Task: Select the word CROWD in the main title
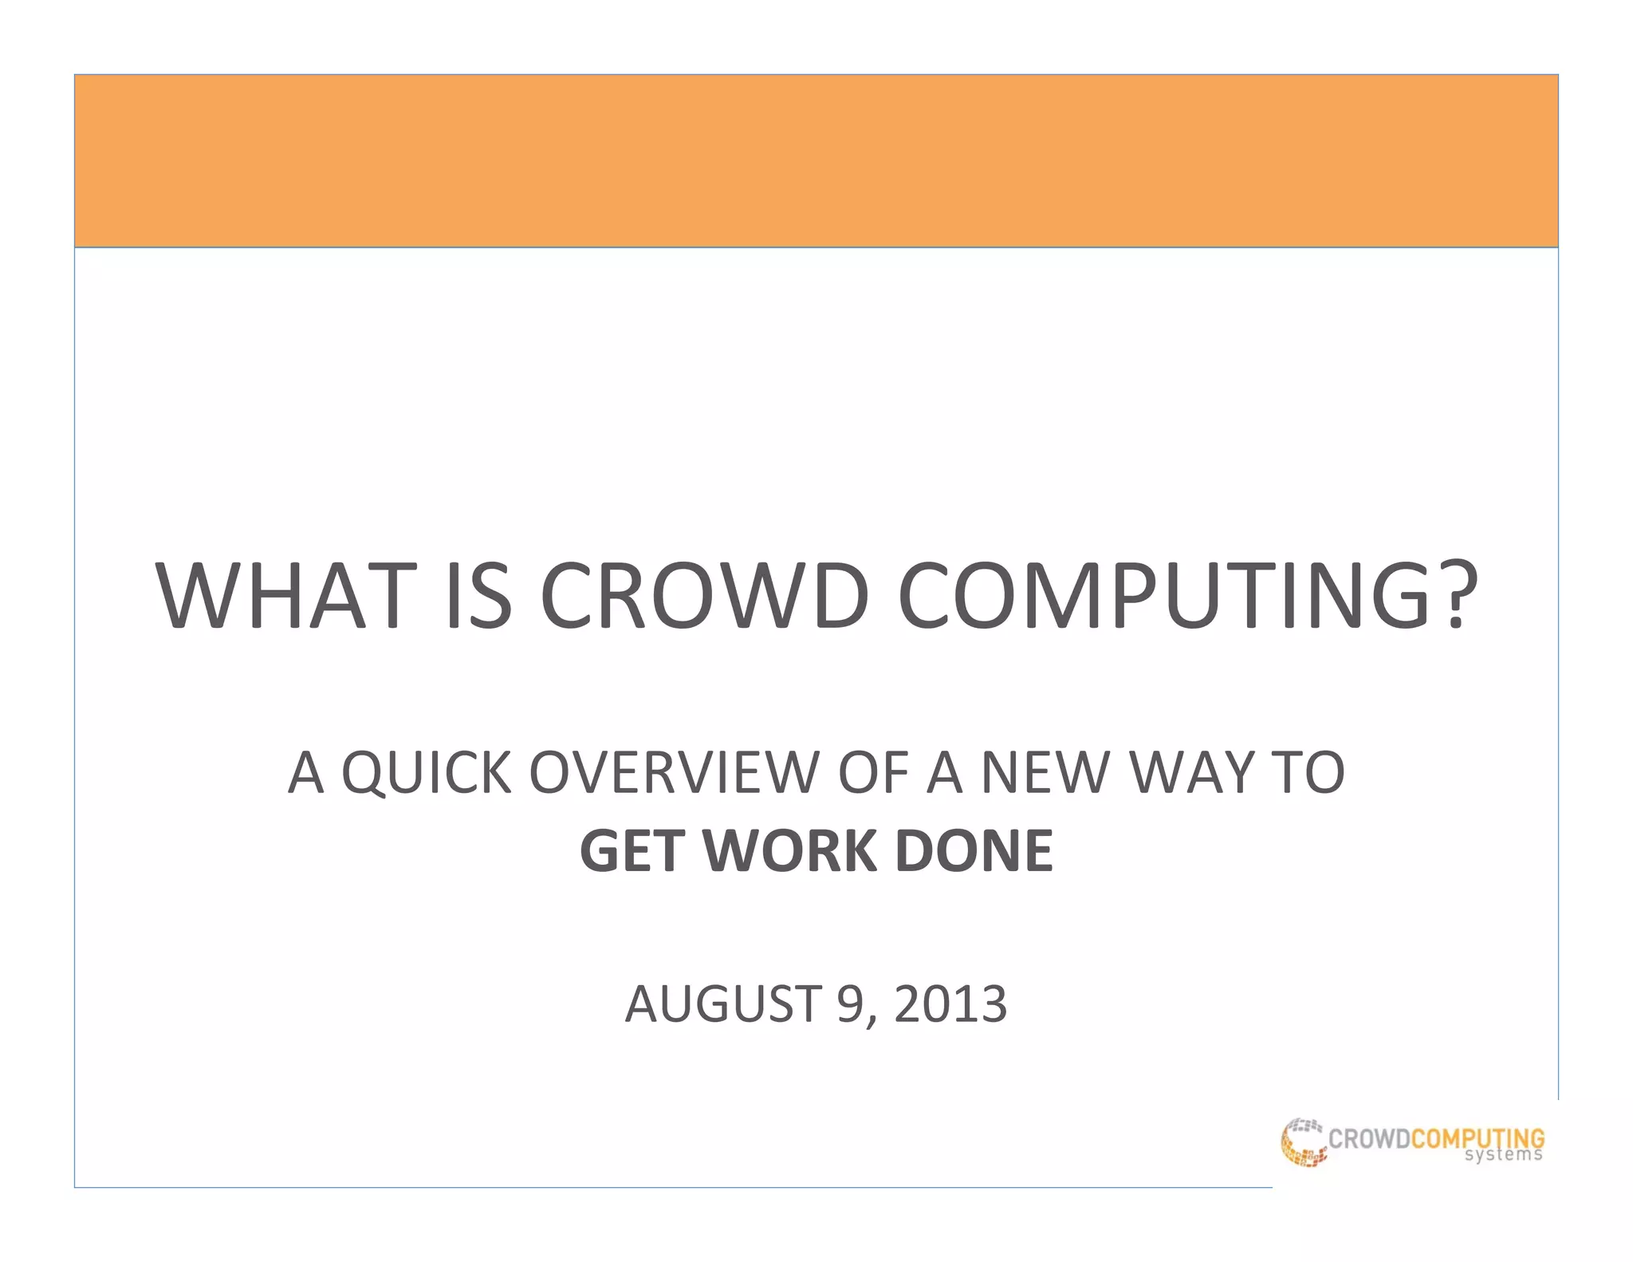703,597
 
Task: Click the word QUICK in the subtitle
426,773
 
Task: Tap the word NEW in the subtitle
1045,773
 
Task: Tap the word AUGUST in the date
722,1004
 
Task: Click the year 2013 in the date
950,1004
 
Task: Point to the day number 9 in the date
848,1004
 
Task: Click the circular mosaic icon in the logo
1303,1142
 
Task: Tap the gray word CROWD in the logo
1369,1138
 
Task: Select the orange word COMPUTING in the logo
1478,1138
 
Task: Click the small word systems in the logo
1503,1155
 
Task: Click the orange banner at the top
816,160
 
